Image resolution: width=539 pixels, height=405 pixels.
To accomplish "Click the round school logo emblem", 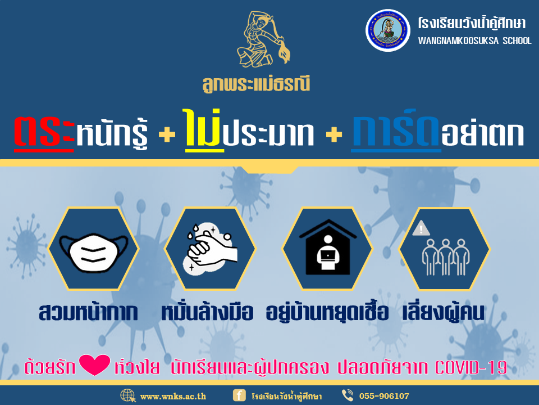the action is tap(388, 30).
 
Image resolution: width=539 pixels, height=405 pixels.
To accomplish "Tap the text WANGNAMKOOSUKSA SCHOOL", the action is tap(475, 40).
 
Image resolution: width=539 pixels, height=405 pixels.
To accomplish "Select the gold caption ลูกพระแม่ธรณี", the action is tap(256, 84).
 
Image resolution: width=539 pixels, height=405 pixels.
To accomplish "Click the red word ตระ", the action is tap(44, 133).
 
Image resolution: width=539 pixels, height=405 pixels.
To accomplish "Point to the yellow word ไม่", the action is tap(203, 130).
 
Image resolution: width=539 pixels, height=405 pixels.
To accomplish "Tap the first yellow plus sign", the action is tap(167, 134).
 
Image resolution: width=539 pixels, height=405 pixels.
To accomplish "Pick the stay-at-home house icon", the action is tap(327, 247).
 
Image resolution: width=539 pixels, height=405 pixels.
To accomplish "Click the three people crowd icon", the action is tap(445, 257).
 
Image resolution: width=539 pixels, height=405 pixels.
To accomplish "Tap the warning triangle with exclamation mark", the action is tap(421, 228).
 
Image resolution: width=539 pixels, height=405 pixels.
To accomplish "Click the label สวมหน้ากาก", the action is tap(88, 312).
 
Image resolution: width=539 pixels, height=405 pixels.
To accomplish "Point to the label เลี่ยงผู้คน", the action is tap(444, 312).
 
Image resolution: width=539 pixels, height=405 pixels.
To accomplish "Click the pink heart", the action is tap(94, 364).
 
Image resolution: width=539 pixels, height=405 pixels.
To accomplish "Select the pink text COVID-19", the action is tap(471, 367).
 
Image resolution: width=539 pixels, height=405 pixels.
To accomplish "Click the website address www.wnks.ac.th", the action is tap(173, 396).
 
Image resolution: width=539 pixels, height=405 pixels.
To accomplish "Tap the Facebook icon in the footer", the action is tap(239, 395).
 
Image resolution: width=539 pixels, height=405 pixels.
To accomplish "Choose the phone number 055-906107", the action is tap(384, 396).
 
